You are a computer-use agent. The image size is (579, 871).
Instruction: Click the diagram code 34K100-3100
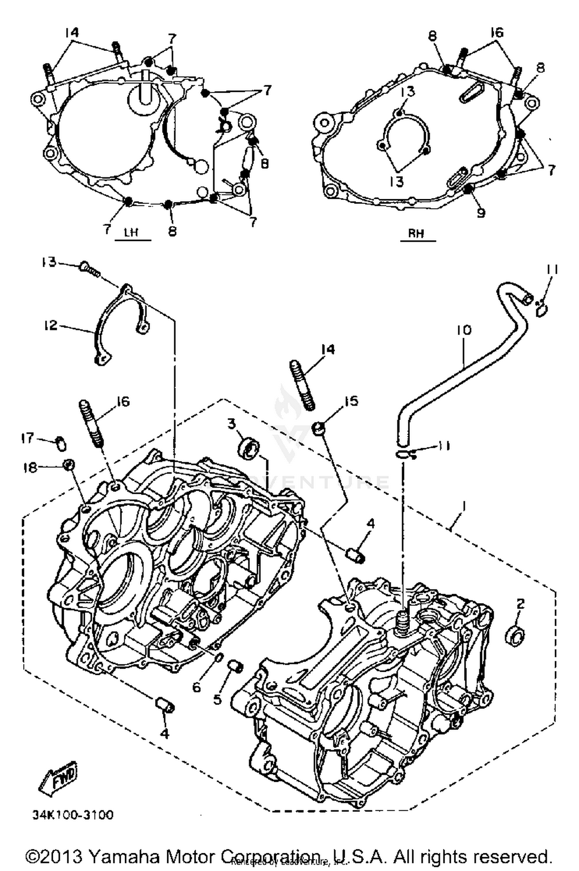coord(73,815)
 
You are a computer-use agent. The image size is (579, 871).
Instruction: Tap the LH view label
coord(132,232)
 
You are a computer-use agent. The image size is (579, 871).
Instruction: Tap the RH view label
coord(416,233)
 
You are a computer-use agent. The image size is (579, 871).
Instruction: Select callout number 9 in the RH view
coord(480,213)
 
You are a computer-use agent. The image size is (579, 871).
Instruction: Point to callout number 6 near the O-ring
coord(196,687)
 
